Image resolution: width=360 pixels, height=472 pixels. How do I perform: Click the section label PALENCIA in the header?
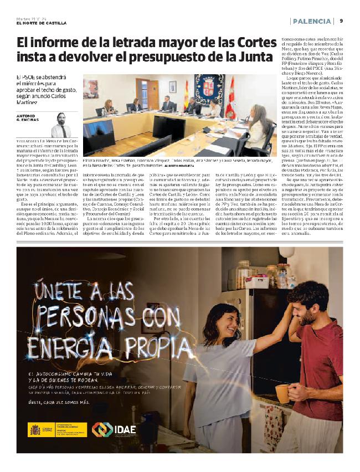click(x=312, y=21)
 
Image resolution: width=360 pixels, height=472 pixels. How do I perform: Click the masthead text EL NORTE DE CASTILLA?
click(x=42, y=23)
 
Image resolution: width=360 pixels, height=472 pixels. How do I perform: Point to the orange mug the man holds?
click(x=282, y=393)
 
